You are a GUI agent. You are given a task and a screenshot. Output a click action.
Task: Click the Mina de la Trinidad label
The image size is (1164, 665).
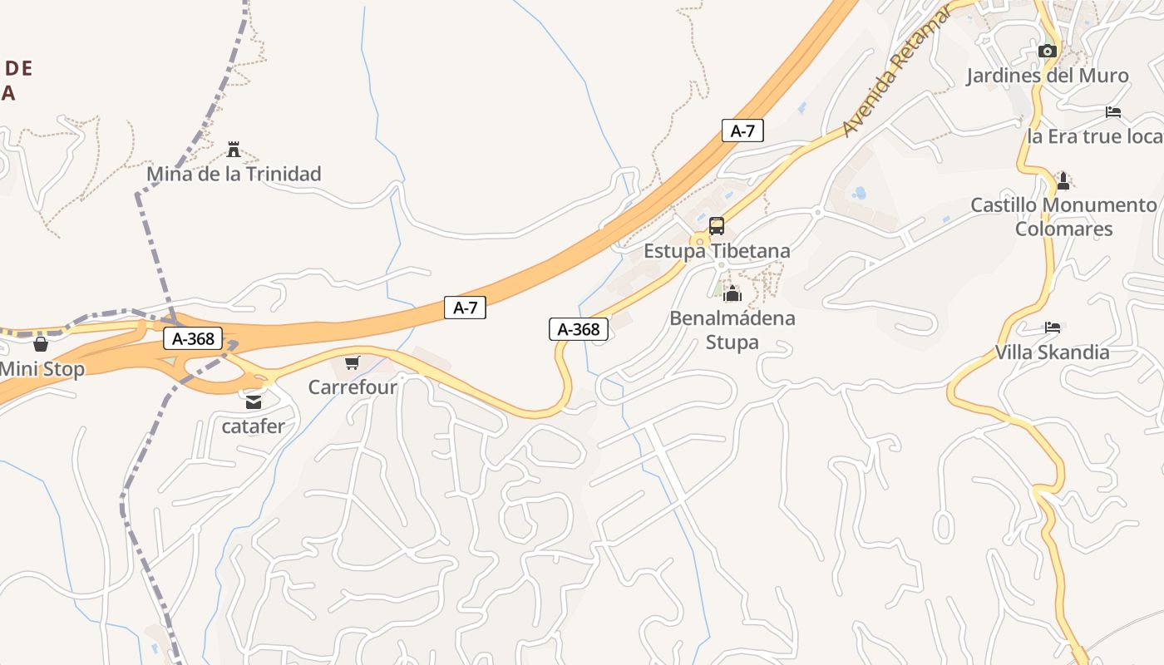tap(234, 174)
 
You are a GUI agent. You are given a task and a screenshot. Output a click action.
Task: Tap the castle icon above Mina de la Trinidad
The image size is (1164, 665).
tap(234, 150)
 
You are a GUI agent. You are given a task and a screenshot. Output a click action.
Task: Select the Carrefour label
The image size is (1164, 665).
tap(353, 387)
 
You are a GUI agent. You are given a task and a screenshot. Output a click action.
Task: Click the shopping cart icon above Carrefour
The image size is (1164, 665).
tap(353, 362)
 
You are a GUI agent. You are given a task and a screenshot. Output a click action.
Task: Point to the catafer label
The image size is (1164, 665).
tap(254, 426)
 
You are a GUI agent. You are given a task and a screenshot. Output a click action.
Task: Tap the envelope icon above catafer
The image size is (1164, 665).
tap(254, 402)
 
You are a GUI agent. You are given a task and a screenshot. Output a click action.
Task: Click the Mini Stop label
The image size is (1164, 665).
tap(42, 369)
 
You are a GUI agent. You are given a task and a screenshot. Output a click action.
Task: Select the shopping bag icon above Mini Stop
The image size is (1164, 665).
tap(41, 344)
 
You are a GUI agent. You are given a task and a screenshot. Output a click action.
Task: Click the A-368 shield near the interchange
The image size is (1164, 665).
tap(193, 338)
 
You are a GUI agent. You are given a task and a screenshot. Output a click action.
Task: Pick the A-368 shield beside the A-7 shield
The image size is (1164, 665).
tap(579, 329)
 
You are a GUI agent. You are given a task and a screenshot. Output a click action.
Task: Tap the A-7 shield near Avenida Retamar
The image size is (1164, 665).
tap(742, 131)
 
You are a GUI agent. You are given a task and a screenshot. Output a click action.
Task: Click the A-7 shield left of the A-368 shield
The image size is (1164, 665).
tap(465, 308)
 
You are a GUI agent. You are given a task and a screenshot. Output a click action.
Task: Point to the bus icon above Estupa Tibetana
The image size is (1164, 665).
tap(717, 226)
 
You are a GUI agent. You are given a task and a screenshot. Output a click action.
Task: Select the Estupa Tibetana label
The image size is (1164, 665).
tap(717, 250)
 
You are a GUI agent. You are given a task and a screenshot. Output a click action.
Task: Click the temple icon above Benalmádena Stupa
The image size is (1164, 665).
tap(732, 293)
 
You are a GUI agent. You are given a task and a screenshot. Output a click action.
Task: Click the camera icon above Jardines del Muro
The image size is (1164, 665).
tap(1048, 52)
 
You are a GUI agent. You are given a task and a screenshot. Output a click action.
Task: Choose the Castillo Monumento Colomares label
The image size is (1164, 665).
tap(1063, 216)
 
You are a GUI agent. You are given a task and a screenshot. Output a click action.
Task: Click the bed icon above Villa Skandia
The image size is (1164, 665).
tap(1053, 328)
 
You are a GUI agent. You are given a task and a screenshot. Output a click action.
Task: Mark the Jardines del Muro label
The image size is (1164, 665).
tap(1047, 76)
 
